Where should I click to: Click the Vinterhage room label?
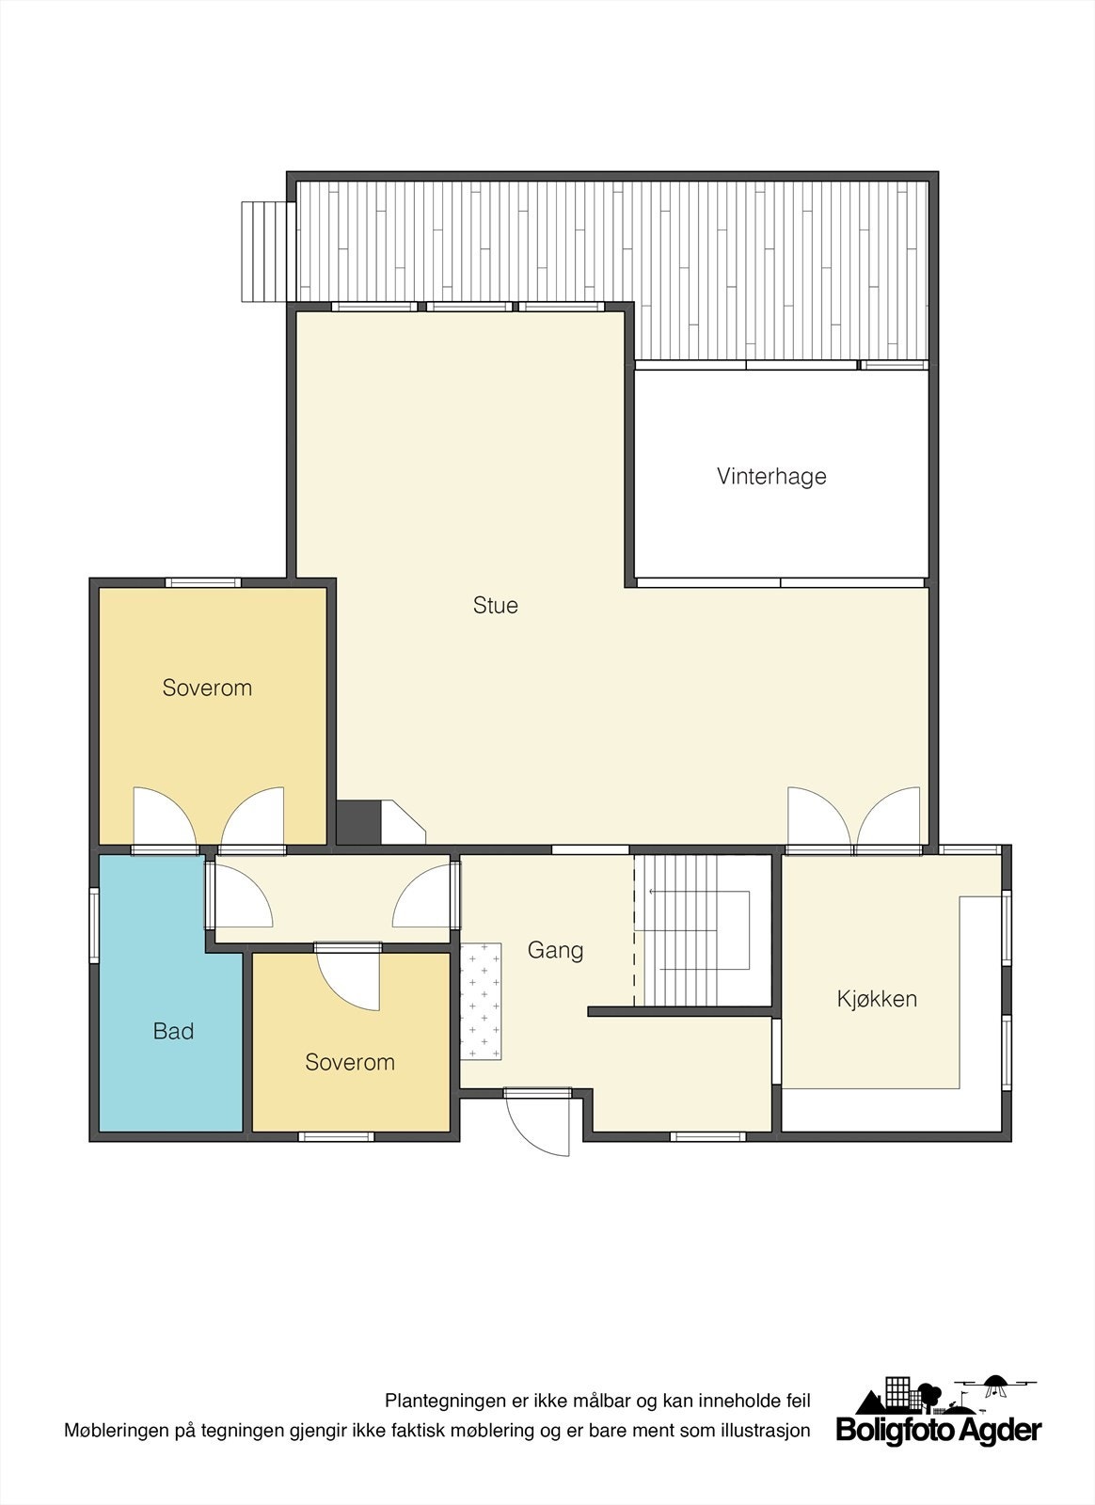[x=771, y=476]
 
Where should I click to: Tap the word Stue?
[x=496, y=606]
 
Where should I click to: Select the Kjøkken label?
[x=877, y=999]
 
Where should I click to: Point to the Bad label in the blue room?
[x=173, y=1032]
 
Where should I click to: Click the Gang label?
[x=555, y=950]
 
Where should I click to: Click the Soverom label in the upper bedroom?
[x=207, y=688]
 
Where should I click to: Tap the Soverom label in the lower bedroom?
[x=350, y=1062]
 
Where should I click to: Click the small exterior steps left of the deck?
[x=262, y=252]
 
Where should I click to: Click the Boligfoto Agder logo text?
[x=939, y=1456]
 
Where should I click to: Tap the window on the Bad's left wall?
[x=93, y=927]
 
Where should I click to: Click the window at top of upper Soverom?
[x=203, y=582]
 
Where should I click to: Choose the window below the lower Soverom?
[x=336, y=1136]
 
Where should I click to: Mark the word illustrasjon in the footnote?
[x=761, y=1457]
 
